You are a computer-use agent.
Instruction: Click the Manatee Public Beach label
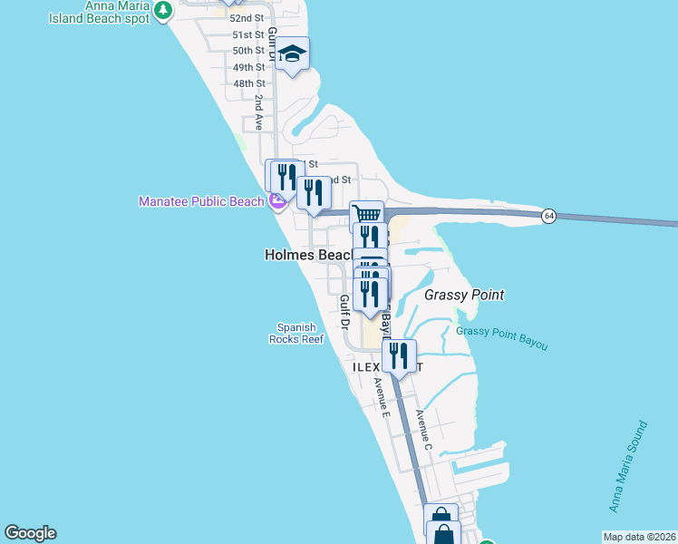(x=200, y=201)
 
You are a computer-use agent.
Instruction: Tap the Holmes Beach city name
(x=308, y=256)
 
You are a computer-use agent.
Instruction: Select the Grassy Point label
(x=464, y=295)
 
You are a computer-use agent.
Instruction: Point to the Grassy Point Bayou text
(x=501, y=337)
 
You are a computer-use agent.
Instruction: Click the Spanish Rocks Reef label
(x=295, y=334)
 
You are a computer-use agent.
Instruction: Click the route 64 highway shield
(x=548, y=216)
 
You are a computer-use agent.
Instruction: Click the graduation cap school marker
(x=293, y=54)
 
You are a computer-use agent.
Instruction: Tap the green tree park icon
(x=162, y=10)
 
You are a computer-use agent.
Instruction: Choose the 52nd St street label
(x=247, y=18)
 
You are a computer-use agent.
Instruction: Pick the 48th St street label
(x=248, y=83)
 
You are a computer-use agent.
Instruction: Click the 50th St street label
(x=248, y=51)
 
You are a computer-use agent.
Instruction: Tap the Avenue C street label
(x=423, y=431)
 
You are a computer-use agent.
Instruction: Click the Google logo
(x=30, y=533)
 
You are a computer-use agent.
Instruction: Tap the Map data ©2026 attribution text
(x=638, y=536)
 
